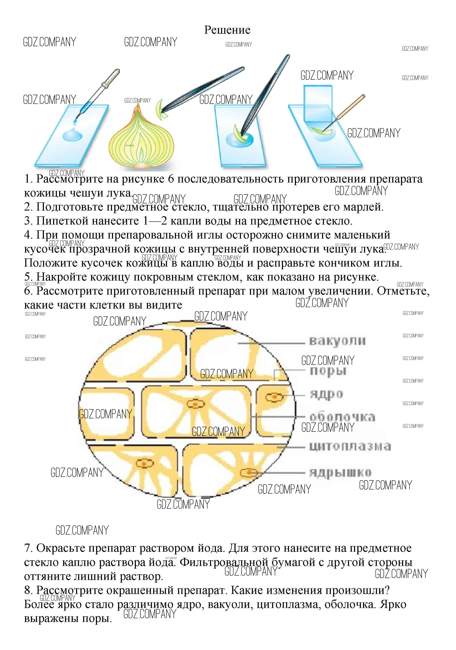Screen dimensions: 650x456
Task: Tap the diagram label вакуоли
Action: [337, 341]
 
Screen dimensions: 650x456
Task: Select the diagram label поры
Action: [328, 371]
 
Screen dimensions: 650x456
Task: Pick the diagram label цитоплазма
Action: [350, 446]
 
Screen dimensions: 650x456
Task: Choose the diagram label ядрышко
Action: [340, 472]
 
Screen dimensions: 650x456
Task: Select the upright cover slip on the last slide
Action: [318, 103]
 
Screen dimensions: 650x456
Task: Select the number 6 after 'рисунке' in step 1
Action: [171, 179]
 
